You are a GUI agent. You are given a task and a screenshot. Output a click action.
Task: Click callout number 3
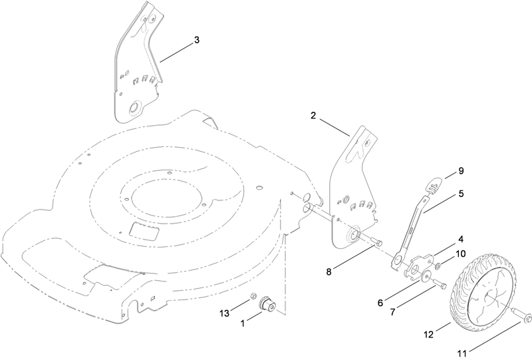[x=196, y=40]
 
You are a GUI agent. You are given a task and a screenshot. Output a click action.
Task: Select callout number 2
[x=313, y=115]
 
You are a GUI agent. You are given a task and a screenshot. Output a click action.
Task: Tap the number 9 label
[x=461, y=172]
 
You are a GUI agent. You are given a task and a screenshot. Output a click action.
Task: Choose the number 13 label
[x=224, y=313]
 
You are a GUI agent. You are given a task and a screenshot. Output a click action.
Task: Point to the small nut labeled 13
[x=253, y=295]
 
